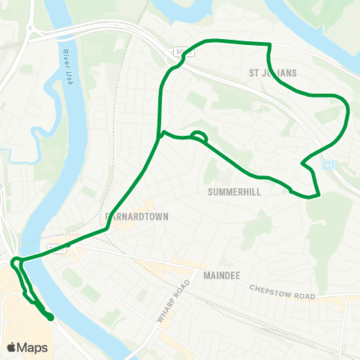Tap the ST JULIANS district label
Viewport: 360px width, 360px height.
click(x=273, y=73)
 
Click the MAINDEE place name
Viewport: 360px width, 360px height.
click(x=221, y=275)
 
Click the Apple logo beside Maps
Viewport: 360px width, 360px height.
click(x=11, y=347)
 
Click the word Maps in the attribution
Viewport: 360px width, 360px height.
click(x=32, y=347)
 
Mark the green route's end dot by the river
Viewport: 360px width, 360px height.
click(x=51, y=318)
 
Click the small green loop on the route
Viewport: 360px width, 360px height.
click(x=199, y=136)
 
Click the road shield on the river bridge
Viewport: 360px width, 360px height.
click(x=54, y=245)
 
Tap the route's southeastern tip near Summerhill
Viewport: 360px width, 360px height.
click(x=319, y=196)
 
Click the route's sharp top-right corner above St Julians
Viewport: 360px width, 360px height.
click(x=268, y=45)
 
